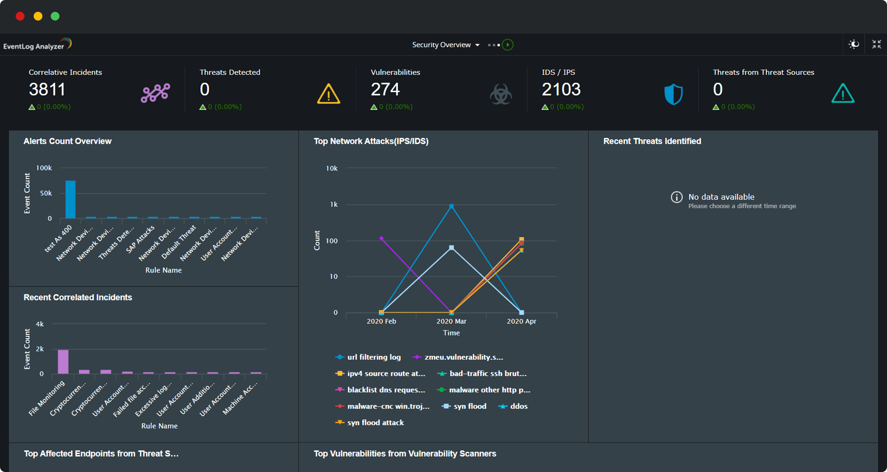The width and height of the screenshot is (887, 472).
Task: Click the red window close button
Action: [20, 17]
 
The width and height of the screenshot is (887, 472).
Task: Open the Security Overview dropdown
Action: [445, 45]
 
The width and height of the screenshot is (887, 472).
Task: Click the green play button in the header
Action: [508, 45]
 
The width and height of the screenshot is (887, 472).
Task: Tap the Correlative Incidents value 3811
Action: [47, 90]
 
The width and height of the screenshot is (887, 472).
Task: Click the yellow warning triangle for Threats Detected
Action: [328, 94]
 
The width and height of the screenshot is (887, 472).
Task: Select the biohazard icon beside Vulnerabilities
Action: [501, 94]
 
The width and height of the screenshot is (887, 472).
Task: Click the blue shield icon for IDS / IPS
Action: [673, 94]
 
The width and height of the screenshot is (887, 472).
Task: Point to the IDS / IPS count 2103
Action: [561, 90]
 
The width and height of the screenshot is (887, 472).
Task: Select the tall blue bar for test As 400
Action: [70, 199]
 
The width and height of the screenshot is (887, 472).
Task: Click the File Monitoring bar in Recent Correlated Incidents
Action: [63, 361]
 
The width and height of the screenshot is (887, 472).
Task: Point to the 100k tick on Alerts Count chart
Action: [44, 168]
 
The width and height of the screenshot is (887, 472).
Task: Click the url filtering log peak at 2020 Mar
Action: [452, 206]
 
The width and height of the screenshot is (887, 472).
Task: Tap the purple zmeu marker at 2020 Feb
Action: [382, 239]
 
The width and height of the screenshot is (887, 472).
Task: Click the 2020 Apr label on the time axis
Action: [521, 321]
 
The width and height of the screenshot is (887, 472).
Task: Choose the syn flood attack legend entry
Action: [375, 423]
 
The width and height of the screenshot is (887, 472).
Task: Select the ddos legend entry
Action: [518, 406]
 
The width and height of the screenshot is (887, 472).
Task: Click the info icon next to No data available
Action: [676, 197]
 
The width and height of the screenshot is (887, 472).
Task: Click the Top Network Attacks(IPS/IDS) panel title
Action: [371, 141]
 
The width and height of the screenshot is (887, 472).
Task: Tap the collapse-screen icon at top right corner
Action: [877, 44]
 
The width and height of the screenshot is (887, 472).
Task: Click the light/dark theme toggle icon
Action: [853, 44]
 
